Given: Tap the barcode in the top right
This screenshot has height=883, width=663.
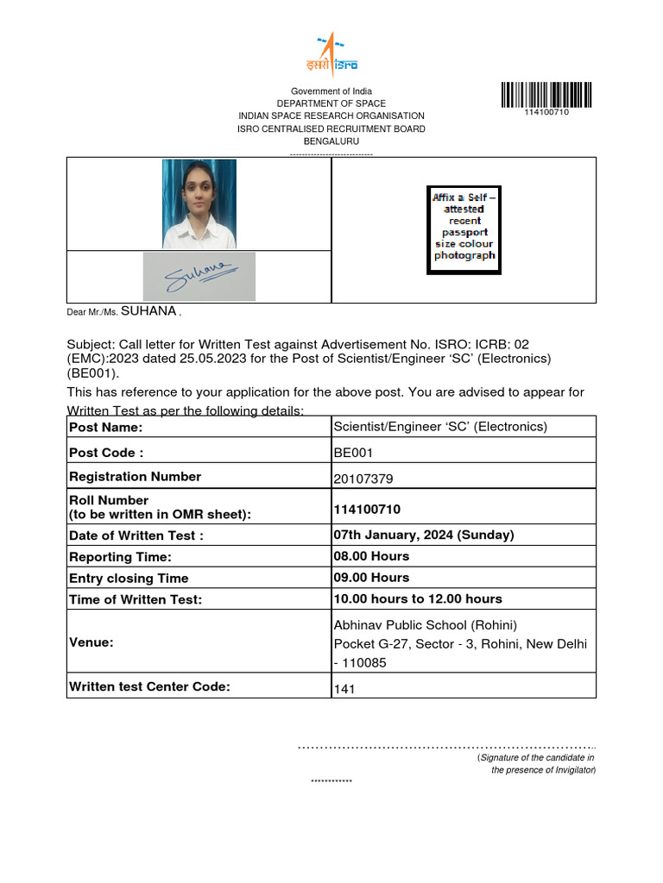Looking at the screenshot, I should [x=546, y=95].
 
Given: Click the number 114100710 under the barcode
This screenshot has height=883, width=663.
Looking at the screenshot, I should [x=546, y=113].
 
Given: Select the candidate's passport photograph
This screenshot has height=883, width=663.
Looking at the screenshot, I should [x=199, y=204].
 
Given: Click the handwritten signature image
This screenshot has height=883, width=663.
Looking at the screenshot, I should [x=199, y=276].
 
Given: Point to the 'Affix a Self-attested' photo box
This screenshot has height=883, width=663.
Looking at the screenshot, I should [x=464, y=230].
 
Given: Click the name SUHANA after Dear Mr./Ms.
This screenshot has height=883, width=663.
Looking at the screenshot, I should [x=148, y=311].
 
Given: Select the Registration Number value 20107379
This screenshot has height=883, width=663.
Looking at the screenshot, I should [x=363, y=479].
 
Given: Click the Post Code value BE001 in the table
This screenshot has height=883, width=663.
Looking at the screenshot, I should [x=353, y=452].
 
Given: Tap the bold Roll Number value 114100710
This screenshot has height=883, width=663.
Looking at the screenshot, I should [x=367, y=510].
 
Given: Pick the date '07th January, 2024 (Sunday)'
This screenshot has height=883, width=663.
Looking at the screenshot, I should [x=423, y=535].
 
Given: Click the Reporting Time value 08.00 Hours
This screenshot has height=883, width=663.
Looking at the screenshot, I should [x=371, y=556].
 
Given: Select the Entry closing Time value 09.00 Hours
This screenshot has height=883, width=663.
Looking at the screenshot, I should [x=371, y=578].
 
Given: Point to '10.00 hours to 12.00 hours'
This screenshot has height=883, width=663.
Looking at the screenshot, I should [x=418, y=598].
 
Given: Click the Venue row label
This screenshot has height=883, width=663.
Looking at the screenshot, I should [x=92, y=642].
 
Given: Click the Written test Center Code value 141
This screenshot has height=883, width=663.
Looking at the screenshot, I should [x=344, y=689].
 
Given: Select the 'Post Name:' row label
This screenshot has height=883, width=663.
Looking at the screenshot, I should [x=105, y=428].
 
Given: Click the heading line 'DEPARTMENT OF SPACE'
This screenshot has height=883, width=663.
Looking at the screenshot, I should [x=331, y=103].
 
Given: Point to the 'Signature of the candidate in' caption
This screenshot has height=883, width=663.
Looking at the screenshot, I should [x=536, y=757].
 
